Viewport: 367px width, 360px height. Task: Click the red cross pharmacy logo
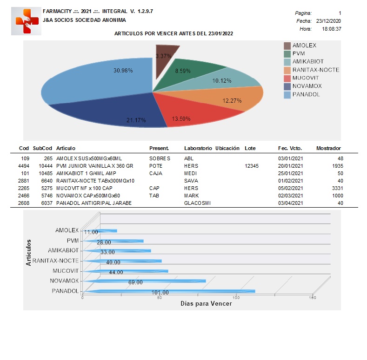pos(26,21)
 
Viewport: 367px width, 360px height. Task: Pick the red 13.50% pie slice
pos(192,110)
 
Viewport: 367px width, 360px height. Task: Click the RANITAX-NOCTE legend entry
pos(312,70)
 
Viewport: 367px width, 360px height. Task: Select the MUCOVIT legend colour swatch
pos(287,79)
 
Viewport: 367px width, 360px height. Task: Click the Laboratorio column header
pos(198,148)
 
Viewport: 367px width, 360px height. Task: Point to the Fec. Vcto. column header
pos(290,148)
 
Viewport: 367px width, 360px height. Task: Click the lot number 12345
pos(252,166)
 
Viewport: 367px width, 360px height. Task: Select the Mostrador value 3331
pos(338,188)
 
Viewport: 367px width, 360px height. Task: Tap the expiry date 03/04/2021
pos(290,203)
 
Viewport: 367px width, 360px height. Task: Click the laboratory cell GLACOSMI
pos(197,203)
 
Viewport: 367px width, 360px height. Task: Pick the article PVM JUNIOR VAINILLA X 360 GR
pos(94,166)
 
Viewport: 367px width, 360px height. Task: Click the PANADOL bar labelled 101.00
pos(168,291)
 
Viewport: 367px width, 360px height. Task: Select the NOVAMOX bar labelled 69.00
pos(144,281)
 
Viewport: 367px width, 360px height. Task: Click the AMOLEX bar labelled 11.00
pos(100,231)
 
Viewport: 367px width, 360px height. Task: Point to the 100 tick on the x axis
pos(236,298)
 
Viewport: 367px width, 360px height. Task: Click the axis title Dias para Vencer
pos(206,304)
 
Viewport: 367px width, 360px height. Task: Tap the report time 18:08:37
pos(332,29)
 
